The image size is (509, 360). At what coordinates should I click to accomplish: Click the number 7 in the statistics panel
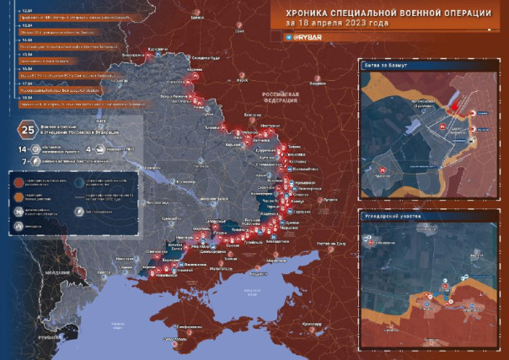tap(24, 159)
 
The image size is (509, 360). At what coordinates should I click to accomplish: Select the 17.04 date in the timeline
tap(24, 83)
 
